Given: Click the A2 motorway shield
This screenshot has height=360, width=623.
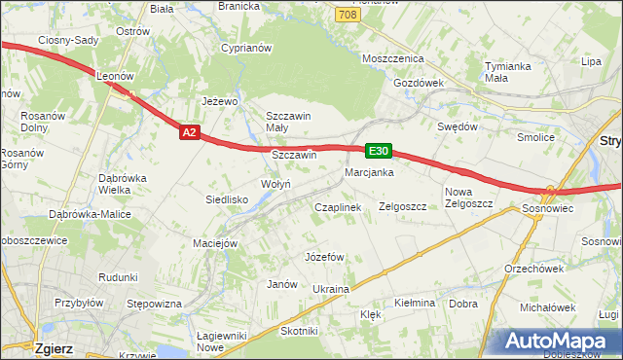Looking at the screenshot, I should tap(190, 133).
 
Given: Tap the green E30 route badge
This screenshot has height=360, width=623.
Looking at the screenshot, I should tap(379, 151).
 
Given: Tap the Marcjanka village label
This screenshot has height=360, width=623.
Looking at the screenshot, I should tap(368, 172).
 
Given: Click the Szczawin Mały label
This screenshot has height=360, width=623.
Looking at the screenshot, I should tap(288, 122).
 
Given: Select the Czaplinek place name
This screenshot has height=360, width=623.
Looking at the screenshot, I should tap(338, 207).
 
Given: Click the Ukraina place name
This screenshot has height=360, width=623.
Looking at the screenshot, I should tap(330, 289).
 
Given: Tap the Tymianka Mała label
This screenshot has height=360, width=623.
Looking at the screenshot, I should tap(508, 72).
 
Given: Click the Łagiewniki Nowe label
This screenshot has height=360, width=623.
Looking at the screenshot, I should tap(224, 341).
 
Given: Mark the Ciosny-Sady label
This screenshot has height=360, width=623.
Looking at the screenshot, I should tap(66, 40).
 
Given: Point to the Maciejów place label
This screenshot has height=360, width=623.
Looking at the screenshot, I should tap(215, 242).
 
